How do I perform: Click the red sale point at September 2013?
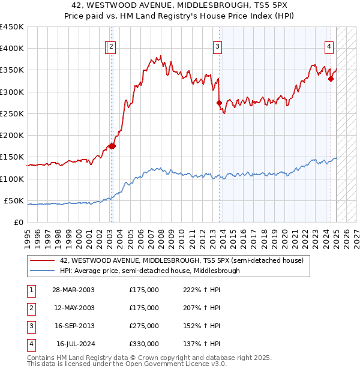pyautogui.click(x=219, y=103)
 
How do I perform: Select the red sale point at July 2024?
pyautogui.click(x=331, y=78)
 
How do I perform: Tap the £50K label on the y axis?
pyautogui.click(x=14, y=200)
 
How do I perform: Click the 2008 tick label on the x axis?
pyautogui.click(x=161, y=234)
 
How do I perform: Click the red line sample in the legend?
pyautogui.click(x=42, y=260)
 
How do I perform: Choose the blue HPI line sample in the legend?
pyautogui.click(x=42, y=271)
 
